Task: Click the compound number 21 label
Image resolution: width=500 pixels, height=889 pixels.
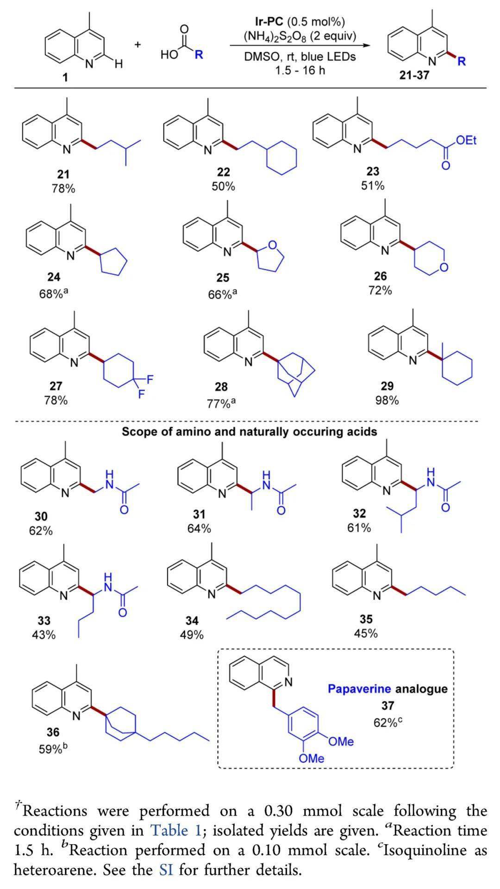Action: [x=63, y=174]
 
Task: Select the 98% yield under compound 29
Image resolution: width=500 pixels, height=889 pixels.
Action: [x=387, y=400]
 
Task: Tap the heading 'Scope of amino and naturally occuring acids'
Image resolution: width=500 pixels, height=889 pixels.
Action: [x=250, y=432]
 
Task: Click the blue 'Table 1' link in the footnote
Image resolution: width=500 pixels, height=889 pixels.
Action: [x=176, y=830]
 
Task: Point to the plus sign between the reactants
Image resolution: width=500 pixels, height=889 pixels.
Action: [x=138, y=44]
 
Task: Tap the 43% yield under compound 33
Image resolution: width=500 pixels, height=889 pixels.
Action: [x=44, y=635]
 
